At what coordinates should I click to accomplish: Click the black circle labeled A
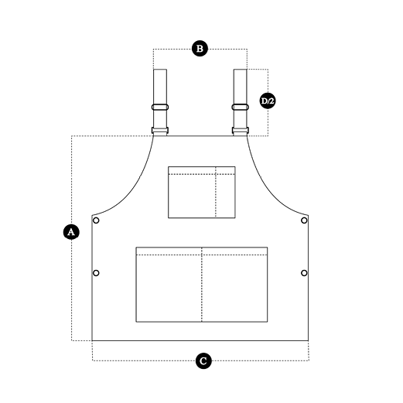pyautogui.click(x=71, y=232)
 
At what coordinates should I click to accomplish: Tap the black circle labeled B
pyautogui.click(x=200, y=49)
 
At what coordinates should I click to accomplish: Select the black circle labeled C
pyautogui.click(x=203, y=361)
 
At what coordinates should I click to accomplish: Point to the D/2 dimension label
pyautogui.click(x=268, y=101)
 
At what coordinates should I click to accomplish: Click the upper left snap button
pyautogui.click(x=96, y=220)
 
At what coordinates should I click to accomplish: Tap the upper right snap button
pyautogui.click(x=304, y=220)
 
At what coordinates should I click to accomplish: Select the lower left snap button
pyautogui.click(x=96, y=273)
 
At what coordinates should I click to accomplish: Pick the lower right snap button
pyautogui.click(x=304, y=273)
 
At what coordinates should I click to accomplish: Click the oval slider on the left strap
pyautogui.click(x=160, y=107)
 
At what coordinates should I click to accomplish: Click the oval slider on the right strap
pyautogui.click(x=241, y=107)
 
